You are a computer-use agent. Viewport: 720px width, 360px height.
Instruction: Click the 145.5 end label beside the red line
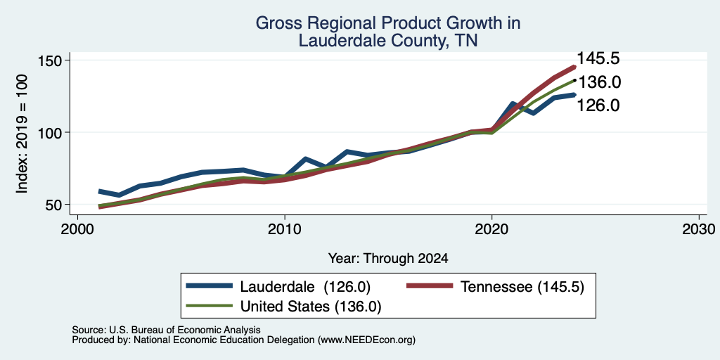(x=598, y=58)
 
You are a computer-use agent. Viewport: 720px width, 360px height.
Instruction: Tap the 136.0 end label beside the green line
(x=599, y=83)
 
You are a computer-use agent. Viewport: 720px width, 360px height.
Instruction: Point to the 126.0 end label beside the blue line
(x=598, y=105)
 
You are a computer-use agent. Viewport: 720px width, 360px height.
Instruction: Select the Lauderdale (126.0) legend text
(x=305, y=287)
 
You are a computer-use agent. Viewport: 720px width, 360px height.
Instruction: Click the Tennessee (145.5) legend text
(x=522, y=287)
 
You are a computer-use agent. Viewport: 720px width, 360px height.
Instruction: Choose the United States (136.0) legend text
(x=311, y=307)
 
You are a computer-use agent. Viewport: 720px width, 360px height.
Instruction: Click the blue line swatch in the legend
(x=210, y=287)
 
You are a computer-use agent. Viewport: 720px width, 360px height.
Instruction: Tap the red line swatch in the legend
(x=430, y=287)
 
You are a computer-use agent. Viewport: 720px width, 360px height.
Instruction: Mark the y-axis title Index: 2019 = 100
(x=22, y=134)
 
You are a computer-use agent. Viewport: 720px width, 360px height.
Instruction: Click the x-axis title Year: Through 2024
(x=388, y=259)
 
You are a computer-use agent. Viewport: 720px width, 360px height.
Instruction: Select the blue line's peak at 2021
(x=513, y=104)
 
